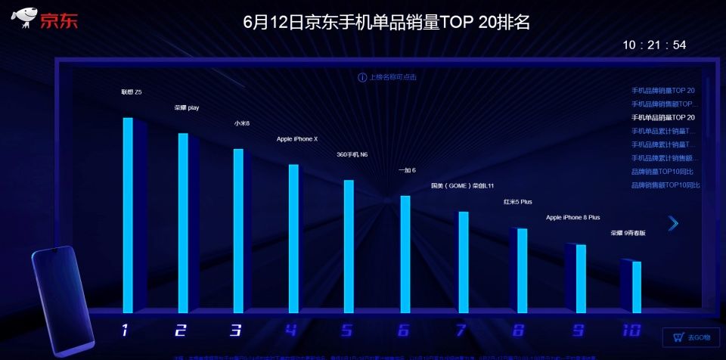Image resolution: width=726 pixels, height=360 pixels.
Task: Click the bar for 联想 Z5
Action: pyautogui.click(x=128, y=215)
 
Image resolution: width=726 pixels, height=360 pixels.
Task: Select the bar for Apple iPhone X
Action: pyautogui.click(x=294, y=238)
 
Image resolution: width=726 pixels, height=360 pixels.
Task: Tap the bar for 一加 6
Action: pyautogui.click(x=405, y=253)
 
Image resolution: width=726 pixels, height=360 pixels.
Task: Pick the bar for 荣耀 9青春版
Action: pyautogui.click(x=636, y=287)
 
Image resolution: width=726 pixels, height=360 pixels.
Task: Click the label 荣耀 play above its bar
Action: pyautogui.click(x=187, y=108)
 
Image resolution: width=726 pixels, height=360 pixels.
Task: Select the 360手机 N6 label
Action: pyautogui.click(x=352, y=154)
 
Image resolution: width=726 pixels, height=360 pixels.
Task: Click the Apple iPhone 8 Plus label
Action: pyautogui.click(x=572, y=217)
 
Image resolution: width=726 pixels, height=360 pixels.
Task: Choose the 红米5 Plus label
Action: pyautogui.click(x=518, y=202)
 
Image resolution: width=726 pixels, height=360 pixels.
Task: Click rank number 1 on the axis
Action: pyautogui.click(x=125, y=330)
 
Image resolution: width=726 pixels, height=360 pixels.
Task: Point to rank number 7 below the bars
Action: pyautogui.click(x=461, y=330)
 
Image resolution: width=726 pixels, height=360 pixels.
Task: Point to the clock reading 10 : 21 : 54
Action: pyautogui.click(x=654, y=45)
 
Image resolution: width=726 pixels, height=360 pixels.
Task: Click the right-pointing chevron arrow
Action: pyautogui.click(x=673, y=223)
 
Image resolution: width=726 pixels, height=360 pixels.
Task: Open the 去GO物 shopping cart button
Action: pyautogui.click(x=690, y=337)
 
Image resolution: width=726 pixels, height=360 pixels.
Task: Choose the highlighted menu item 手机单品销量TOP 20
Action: pyautogui.click(x=662, y=117)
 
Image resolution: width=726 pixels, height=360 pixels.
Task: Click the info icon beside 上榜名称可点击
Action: pyautogui.click(x=362, y=77)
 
